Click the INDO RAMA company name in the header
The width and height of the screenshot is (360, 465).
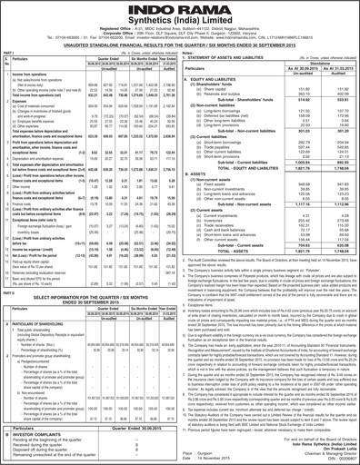pyautogui.click(x=180, y=11)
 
